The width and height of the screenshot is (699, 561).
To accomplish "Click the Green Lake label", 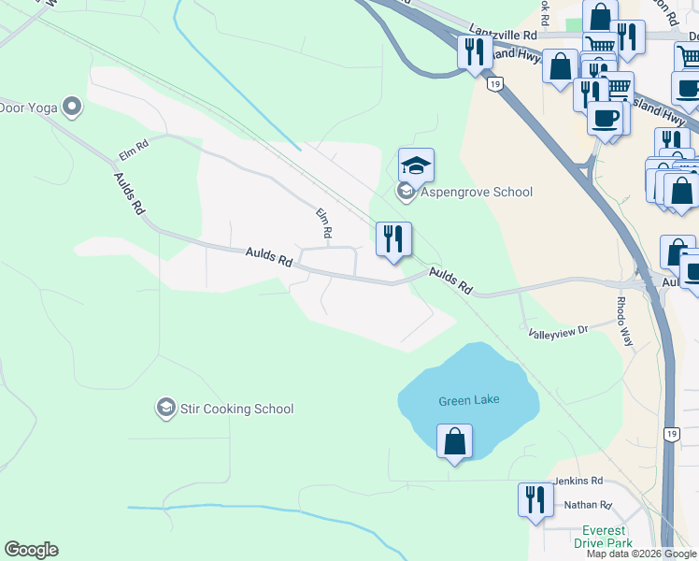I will pos(468,400).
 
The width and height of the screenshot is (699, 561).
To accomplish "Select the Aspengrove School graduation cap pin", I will pos(416,166).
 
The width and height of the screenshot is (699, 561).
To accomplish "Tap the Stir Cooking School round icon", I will pos(165,408).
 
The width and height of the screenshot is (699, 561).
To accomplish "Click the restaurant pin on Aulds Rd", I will pos(393,238).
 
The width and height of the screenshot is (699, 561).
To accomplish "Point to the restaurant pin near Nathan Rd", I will pos(535,498).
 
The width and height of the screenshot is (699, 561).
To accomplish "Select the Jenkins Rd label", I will pos(578,482).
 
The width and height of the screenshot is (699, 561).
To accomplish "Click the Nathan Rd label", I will pos(587,505).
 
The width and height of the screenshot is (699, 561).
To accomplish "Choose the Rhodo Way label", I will pos(624,323).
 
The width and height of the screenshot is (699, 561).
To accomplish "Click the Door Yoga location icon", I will pos(72,107).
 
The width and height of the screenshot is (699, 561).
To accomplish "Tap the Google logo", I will pos(31,550).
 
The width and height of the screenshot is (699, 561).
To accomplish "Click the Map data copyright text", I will pos(641,554).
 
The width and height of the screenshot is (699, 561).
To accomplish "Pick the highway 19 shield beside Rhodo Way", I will pos(671,434).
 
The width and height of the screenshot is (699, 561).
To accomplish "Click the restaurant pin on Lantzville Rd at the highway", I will pos(475,51).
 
